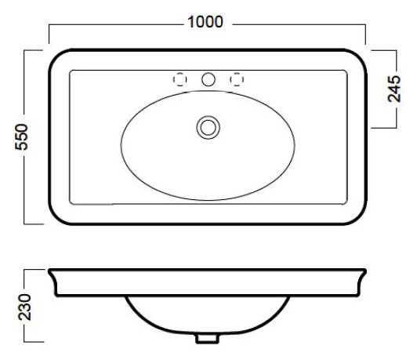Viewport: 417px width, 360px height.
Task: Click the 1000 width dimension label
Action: pyautogui.click(x=205, y=22)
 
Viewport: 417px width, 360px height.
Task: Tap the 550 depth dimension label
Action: pyautogui.click(x=21, y=137)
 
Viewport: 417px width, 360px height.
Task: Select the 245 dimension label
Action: pyautogui.click(x=393, y=89)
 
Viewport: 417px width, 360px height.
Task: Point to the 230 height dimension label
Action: pyautogui.click(x=24, y=307)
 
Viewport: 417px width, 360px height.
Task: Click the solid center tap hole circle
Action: pyautogui.click(x=208, y=79)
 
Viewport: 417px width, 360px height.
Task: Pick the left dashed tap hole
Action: pyautogui.click(x=180, y=79)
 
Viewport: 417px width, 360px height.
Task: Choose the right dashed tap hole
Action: pyautogui.click(x=237, y=79)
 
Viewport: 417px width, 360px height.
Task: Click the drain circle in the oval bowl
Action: pyautogui.click(x=208, y=127)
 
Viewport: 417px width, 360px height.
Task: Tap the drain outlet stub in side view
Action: pyautogui.click(x=207, y=339)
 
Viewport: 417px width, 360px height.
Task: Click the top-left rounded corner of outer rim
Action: pyautogui.click(x=55, y=56)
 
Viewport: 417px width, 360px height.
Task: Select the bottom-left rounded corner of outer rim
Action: pyautogui.click(x=56, y=218)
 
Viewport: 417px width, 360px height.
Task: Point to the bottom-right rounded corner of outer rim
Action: pyautogui.click(x=360, y=218)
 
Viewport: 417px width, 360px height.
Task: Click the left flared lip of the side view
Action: pyautogui.click(x=53, y=282)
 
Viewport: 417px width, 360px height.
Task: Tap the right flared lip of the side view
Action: pyautogui.click(x=361, y=282)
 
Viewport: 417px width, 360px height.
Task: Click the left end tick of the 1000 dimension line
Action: pyautogui.click(x=49, y=34)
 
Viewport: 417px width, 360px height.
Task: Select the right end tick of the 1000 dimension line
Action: pyautogui.click(x=365, y=34)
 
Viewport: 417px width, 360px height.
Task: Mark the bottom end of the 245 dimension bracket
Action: pyautogui.click(x=384, y=128)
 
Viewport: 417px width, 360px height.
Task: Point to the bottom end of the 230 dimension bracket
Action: pyautogui.click(x=34, y=342)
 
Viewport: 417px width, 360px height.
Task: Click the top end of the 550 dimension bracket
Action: pyautogui.click(x=33, y=50)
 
